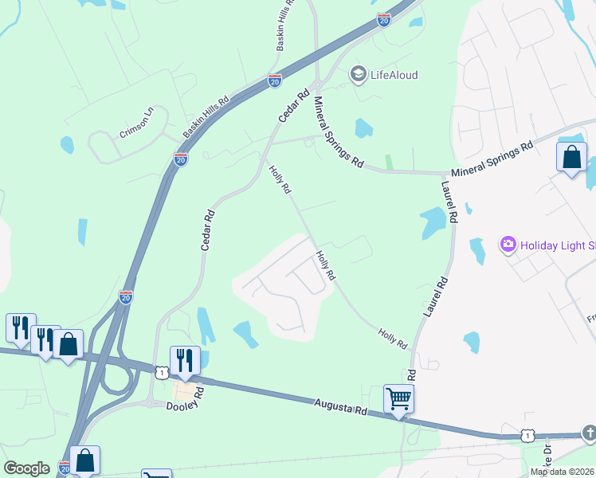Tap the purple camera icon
[508, 245]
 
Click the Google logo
[26, 468]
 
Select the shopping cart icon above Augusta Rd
[398, 398]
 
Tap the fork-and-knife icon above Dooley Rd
[184, 359]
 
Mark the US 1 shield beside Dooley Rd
[162, 372]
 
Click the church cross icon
[590, 433]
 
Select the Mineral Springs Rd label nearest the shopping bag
[492, 160]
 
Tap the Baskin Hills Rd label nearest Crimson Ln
[206, 113]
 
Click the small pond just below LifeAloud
[363, 127]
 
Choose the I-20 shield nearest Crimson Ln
[181, 159]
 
